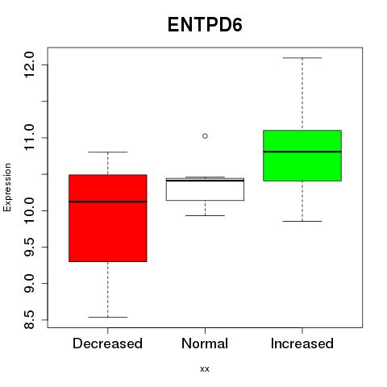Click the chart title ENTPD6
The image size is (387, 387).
(x=205, y=25)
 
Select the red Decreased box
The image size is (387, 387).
(x=108, y=218)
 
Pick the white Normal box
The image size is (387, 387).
(x=205, y=189)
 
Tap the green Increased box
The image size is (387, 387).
(x=302, y=156)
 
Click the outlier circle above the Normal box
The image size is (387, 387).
(x=205, y=136)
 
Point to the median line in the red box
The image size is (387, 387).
(x=108, y=202)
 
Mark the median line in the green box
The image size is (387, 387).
(x=302, y=152)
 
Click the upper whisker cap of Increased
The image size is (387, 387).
(x=302, y=58)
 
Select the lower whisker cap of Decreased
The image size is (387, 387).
(x=108, y=317)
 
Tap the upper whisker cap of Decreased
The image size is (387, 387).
(x=108, y=152)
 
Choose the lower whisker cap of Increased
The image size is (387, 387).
(x=302, y=221)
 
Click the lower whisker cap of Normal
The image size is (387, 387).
(x=205, y=215)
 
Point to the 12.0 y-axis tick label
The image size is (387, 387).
(x=29, y=64)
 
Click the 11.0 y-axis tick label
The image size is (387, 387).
(x=29, y=138)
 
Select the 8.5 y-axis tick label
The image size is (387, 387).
(x=29, y=320)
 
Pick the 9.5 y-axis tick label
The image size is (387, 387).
(x=29, y=247)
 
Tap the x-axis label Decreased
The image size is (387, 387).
(x=107, y=343)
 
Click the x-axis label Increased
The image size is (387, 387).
(x=302, y=343)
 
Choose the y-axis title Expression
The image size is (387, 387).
(x=7, y=187)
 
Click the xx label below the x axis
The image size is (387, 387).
(x=205, y=369)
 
